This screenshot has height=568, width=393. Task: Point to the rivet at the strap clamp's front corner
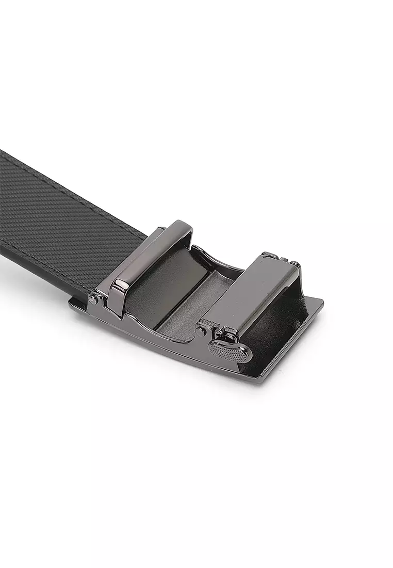point(93,298)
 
